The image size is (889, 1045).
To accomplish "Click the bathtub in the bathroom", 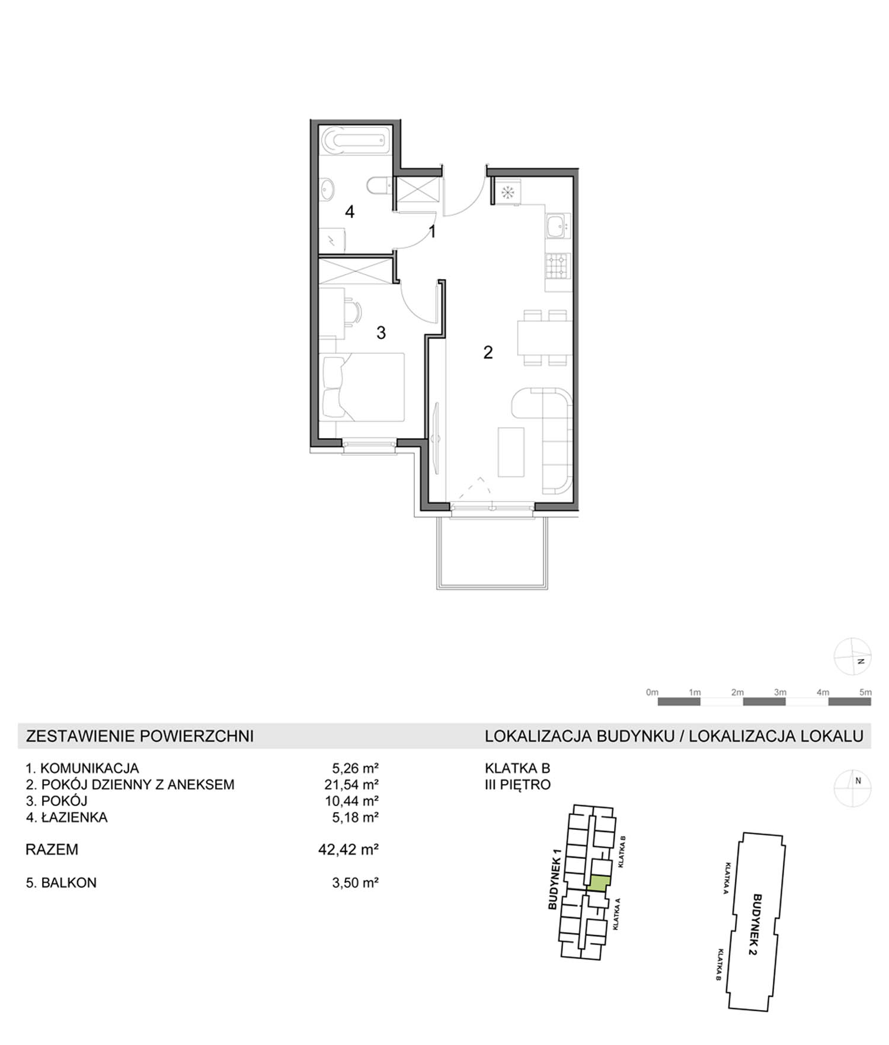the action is pyautogui.click(x=355, y=140).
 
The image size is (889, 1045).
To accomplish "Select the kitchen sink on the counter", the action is pyautogui.click(x=558, y=226).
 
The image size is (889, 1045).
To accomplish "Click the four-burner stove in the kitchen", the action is pyautogui.click(x=558, y=266).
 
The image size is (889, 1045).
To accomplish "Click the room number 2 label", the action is pyautogui.click(x=488, y=353).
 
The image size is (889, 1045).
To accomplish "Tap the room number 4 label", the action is pyautogui.click(x=350, y=212).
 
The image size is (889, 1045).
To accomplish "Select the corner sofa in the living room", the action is pyautogui.click(x=542, y=440).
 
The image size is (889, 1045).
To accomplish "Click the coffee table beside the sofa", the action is pyautogui.click(x=511, y=452).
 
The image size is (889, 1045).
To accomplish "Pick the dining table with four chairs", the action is pyautogui.click(x=545, y=337).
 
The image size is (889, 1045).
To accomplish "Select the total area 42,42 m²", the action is pyautogui.click(x=348, y=849).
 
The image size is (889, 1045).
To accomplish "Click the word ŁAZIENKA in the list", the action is pyautogui.click(x=74, y=817).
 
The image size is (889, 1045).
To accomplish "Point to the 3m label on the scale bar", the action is pyautogui.click(x=780, y=692).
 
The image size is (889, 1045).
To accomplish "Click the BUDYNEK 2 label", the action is pyautogui.click(x=756, y=925).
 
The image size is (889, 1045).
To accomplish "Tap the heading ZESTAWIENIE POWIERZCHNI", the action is pyautogui.click(x=140, y=736).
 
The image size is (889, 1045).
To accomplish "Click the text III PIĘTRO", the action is pyautogui.click(x=518, y=784).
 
